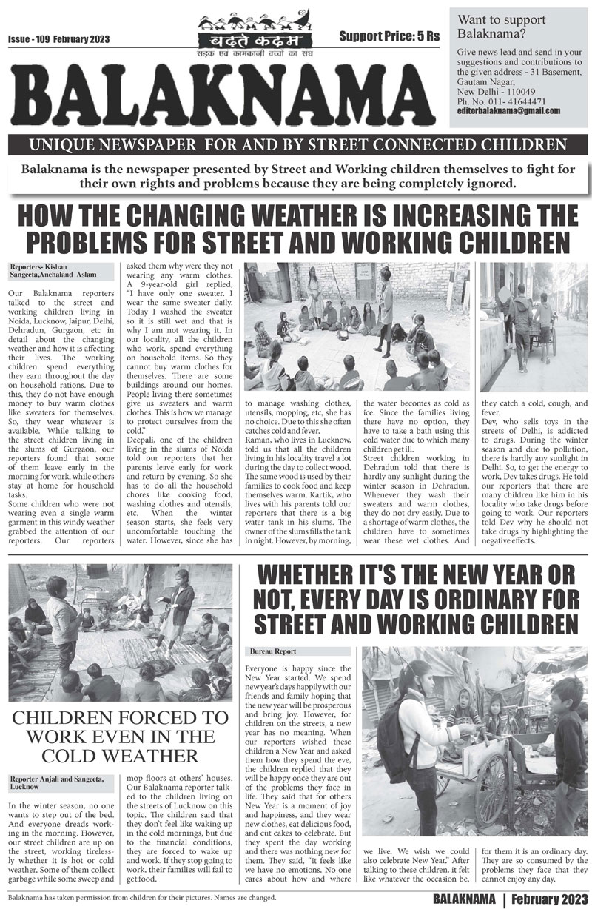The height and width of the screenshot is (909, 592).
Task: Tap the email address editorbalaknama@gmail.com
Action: click(508, 110)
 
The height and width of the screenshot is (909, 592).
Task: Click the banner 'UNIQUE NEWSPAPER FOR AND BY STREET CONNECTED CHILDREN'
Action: click(296, 144)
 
